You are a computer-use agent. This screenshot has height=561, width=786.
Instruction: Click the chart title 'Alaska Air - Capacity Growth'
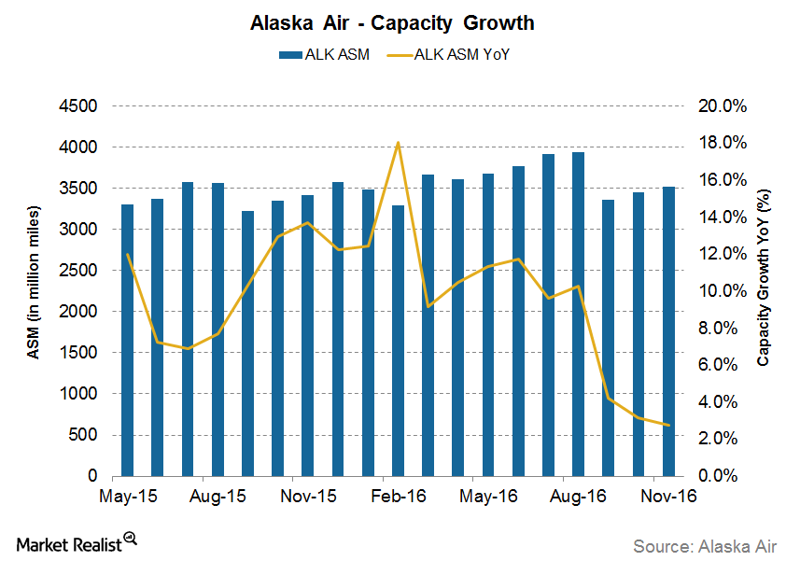[x=392, y=21]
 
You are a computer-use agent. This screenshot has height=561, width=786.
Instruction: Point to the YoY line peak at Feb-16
[x=399, y=143]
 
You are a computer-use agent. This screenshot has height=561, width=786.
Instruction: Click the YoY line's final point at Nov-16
[x=668, y=425]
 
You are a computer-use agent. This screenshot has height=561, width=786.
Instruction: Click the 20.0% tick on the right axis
[x=723, y=106]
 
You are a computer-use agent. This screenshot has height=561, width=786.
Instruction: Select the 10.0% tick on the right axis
[x=723, y=291]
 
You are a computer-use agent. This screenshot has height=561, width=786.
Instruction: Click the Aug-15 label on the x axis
[x=218, y=496]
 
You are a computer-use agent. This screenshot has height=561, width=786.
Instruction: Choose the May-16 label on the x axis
[x=489, y=496]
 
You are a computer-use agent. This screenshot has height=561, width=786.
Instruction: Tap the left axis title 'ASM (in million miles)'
[x=31, y=291]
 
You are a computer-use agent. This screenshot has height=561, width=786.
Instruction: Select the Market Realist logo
[x=76, y=540]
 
